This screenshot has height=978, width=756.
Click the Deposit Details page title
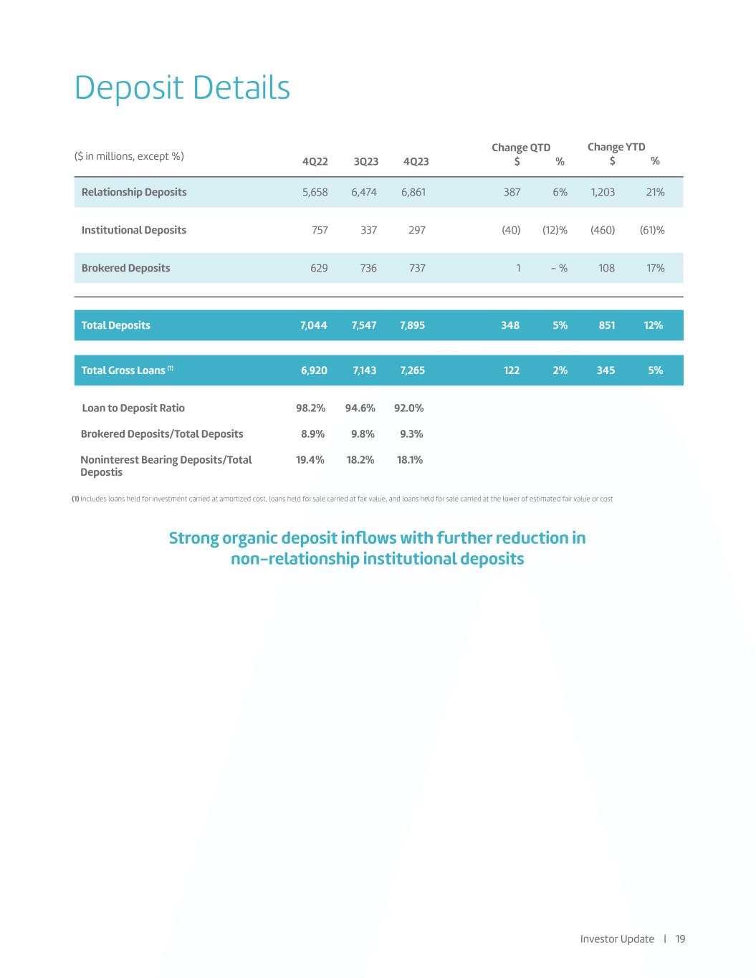coord(182,88)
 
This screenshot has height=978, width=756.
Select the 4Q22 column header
coord(315,161)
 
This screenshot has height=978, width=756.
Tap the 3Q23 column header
coord(365,161)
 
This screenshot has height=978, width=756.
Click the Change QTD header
coord(521,148)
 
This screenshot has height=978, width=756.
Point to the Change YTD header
coord(616,147)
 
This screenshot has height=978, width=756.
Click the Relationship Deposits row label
coord(134,192)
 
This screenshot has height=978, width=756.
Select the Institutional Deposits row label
coord(134,230)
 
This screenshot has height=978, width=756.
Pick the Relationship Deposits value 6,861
coord(412,192)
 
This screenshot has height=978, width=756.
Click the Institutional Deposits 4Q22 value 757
coord(320,230)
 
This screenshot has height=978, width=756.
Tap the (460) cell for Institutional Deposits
coord(603,230)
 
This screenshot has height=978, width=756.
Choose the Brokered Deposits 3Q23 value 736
coord(368,268)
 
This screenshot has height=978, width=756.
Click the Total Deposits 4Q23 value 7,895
coord(412,325)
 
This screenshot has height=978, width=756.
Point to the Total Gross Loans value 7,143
coord(365,370)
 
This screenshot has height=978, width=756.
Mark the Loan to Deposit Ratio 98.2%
coord(311,408)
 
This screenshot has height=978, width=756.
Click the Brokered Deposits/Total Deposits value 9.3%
coord(411,434)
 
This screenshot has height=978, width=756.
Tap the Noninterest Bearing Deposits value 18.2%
coord(360,460)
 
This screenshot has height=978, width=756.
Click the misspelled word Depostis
coord(101,473)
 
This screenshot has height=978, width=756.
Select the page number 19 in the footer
coord(680,939)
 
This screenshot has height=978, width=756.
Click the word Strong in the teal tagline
coord(193,538)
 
